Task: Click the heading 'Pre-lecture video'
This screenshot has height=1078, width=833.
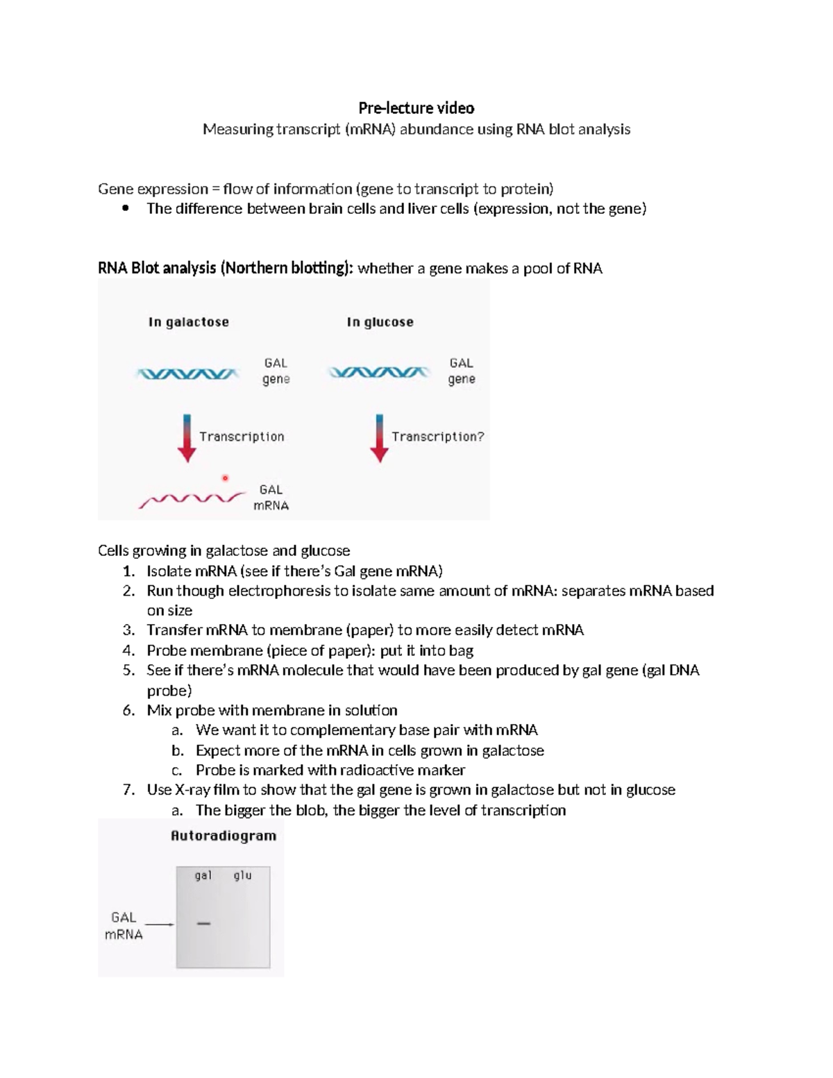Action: (416, 108)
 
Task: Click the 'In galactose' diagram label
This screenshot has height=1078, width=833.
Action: (188, 322)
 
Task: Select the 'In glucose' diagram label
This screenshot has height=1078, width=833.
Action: (380, 322)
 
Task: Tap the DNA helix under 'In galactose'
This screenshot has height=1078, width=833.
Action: (187, 374)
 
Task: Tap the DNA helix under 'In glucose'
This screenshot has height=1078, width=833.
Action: (378, 373)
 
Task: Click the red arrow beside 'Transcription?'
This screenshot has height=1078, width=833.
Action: (379, 438)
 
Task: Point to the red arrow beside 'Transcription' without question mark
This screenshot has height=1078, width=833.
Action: (187, 438)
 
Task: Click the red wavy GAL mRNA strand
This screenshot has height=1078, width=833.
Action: (192, 499)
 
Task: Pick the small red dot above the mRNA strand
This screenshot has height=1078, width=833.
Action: (225, 478)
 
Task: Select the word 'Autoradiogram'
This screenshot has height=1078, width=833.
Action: (224, 836)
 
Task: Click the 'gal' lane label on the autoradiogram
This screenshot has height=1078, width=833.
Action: (203, 876)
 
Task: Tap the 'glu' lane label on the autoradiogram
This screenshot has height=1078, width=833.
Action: (242, 876)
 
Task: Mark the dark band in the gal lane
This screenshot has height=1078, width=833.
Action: (203, 923)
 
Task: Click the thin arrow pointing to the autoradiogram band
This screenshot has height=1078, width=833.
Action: (160, 924)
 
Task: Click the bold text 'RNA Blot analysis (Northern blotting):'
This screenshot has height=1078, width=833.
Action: (226, 268)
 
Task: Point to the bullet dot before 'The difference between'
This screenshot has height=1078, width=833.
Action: (126, 209)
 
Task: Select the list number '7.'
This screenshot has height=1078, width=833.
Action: (128, 790)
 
